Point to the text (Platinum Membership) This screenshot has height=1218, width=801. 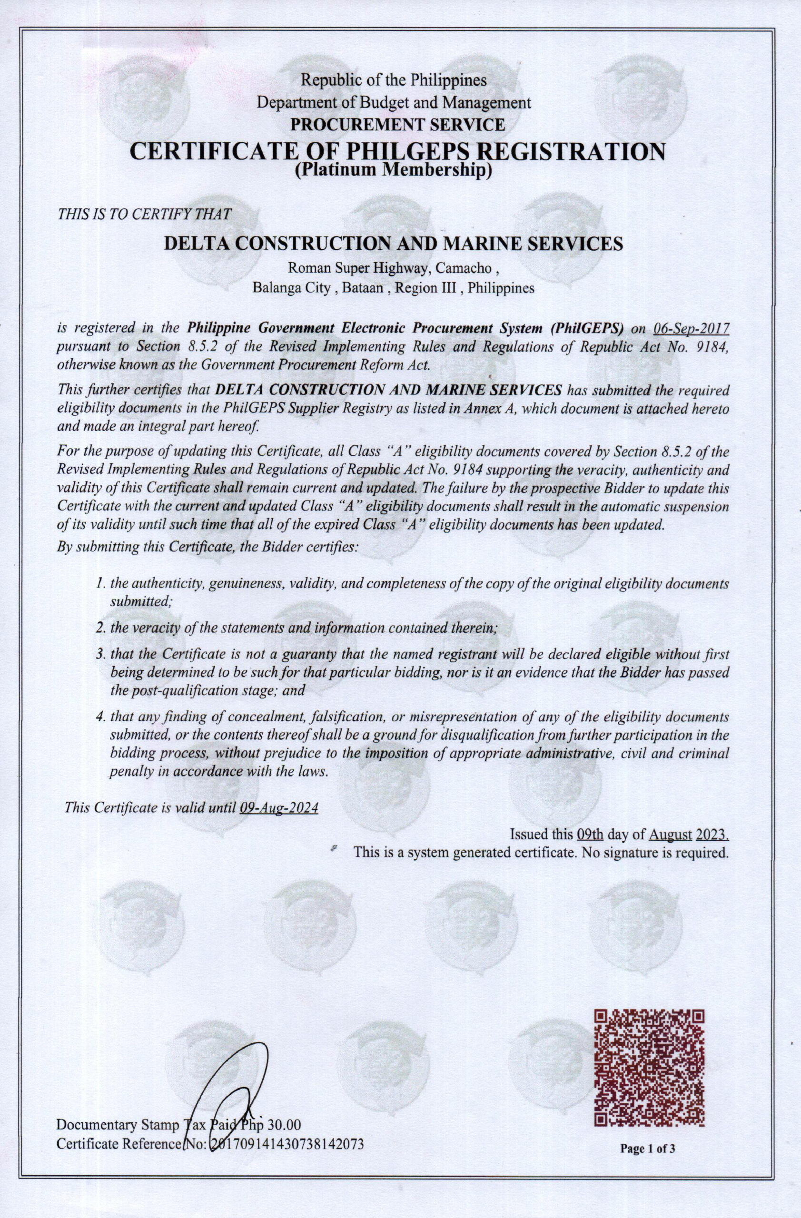[394, 170]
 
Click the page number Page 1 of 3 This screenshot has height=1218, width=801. [648, 1187]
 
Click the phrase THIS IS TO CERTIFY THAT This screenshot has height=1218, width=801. [144, 215]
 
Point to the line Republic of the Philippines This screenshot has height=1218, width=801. [394, 81]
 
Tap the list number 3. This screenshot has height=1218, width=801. [100, 655]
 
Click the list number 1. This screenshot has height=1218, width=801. [100, 583]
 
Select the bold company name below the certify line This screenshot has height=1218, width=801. [393, 243]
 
